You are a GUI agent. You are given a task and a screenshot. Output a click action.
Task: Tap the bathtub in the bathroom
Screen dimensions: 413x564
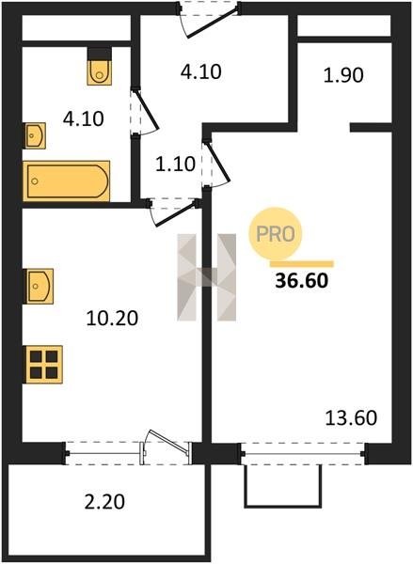(66, 180)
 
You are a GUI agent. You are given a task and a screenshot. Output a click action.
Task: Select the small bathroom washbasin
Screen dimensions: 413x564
(35, 135)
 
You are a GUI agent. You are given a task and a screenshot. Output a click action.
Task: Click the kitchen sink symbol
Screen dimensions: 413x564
(39, 287)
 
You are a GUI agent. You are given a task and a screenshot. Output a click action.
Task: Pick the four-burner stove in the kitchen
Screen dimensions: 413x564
(43, 365)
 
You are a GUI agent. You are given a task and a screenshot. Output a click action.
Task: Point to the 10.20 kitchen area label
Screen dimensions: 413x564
(112, 319)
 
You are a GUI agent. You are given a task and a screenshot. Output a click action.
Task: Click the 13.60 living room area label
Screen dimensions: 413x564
(351, 418)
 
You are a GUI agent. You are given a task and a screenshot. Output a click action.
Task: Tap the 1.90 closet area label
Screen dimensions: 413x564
(343, 75)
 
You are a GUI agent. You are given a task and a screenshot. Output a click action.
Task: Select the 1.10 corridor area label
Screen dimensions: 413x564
(176, 164)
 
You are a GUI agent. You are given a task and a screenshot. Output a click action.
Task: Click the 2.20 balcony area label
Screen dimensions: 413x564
(104, 502)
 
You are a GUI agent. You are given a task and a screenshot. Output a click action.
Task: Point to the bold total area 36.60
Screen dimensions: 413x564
(302, 280)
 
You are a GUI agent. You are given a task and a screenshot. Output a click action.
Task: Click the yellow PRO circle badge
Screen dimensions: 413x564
(276, 234)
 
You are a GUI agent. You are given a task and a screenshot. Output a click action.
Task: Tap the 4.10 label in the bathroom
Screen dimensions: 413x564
(83, 118)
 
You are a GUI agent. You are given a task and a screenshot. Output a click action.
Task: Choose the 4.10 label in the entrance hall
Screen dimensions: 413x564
(201, 71)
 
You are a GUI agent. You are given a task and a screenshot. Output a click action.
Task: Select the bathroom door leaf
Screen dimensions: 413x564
(146, 109)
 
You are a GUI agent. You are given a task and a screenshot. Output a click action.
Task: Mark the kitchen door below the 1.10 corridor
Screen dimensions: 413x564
(175, 213)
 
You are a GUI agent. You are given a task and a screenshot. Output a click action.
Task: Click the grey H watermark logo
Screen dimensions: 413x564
(207, 277)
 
